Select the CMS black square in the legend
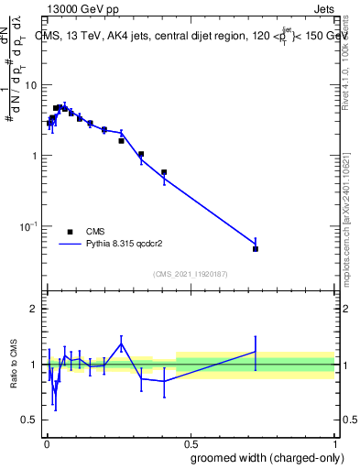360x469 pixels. (x=70, y=232)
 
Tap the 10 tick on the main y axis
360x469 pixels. (x=29, y=85)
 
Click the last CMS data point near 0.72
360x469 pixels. (x=256, y=249)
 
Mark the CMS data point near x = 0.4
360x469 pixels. (x=164, y=172)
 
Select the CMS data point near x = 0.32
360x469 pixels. (x=141, y=154)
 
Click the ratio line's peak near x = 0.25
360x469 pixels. (x=121, y=344)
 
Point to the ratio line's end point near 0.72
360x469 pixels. (x=256, y=352)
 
